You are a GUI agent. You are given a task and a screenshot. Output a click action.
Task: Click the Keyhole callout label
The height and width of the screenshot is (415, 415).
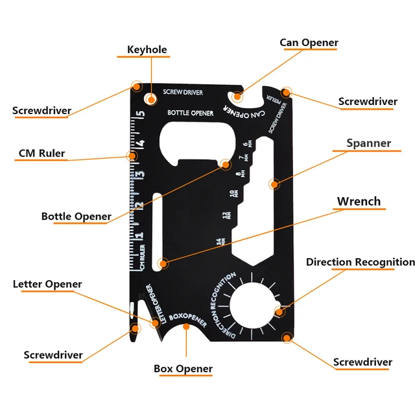click(x=147, y=49)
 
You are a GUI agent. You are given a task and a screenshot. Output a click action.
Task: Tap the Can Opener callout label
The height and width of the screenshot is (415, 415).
click(x=309, y=43)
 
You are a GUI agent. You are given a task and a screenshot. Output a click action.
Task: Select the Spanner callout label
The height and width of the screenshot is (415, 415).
click(x=368, y=143)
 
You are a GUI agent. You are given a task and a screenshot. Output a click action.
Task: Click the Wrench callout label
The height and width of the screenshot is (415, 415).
click(x=359, y=201)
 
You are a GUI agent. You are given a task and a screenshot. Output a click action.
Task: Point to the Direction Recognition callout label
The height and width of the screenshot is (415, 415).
click(x=360, y=262)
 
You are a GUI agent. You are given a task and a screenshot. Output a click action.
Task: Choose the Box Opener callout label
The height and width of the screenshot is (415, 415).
click(x=183, y=368)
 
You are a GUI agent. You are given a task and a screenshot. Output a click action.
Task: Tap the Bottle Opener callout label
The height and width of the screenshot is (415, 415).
click(x=76, y=216)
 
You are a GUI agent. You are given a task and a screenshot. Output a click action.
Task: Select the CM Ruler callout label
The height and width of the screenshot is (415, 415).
click(x=41, y=154)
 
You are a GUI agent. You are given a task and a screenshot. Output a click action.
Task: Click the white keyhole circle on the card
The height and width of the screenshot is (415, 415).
click(x=151, y=99)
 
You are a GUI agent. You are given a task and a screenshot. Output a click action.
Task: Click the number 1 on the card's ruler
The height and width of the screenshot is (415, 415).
click(x=138, y=235)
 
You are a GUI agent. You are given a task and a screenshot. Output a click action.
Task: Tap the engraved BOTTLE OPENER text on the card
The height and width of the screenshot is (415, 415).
click(x=191, y=113)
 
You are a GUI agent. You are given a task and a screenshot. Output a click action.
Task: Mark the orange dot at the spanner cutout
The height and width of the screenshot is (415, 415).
click(x=274, y=184)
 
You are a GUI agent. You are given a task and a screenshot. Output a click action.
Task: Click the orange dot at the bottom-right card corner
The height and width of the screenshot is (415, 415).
click(x=287, y=337)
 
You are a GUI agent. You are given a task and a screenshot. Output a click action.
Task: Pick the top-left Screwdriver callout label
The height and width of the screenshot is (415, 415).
click(x=41, y=110)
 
